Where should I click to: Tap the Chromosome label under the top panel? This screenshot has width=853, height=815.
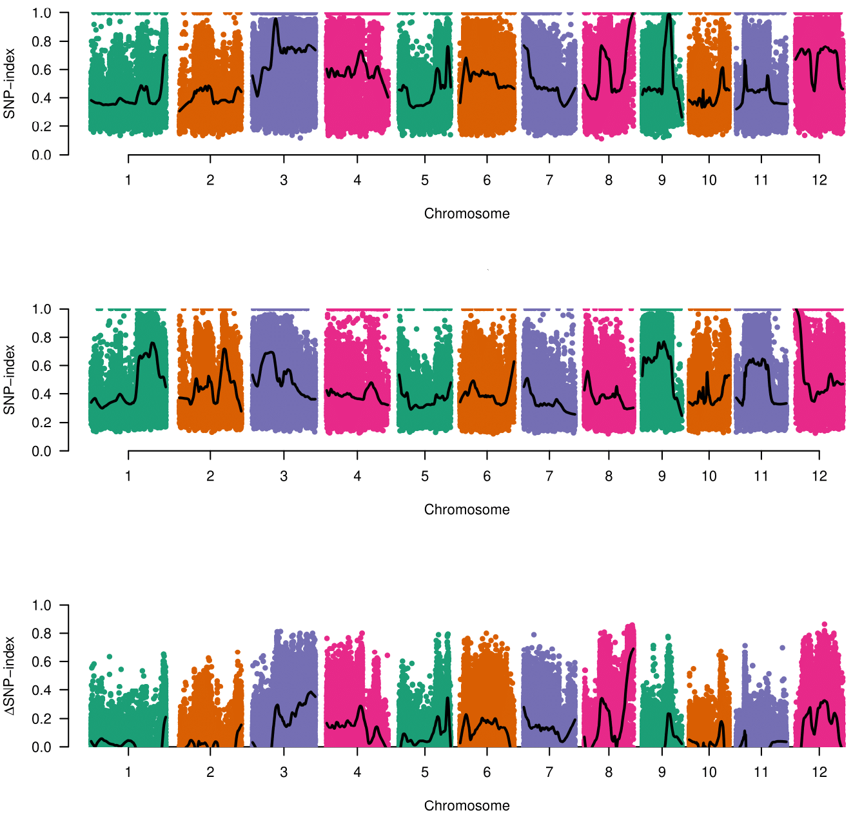pyautogui.click(x=467, y=214)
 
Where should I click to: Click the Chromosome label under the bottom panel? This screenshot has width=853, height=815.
pyautogui.click(x=467, y=805)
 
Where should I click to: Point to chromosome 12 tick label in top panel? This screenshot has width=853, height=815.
pyautogui.click(x=819, y=180)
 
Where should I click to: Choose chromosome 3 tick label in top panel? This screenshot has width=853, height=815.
pyautogui.click(x=284, y=180)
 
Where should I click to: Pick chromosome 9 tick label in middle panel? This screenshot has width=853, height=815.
pyautogui.click(x=662, y=476)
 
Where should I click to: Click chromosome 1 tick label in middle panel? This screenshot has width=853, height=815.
pyautogui.click(x=128, y=476)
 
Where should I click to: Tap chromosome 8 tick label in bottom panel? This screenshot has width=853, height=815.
pyautogui.click(x=609, y=772)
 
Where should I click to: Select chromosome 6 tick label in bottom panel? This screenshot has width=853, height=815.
pyautogui.click(x=487, y=772)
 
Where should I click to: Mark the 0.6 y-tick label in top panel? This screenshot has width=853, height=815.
pyautogui.click(x=41, y=70)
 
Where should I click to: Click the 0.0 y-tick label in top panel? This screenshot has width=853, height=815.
pyautogui.click(x=41, y=155)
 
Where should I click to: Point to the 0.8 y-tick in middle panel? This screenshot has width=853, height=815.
pyautogui.click(x=41, y=337)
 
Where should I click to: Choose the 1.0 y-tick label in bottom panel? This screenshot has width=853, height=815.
pyautogui.click(x=41, y=605)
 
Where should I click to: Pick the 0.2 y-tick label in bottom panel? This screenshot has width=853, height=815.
pyautogui.click(x=41, y=719)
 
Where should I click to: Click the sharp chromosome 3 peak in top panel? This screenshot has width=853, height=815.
pyautogui.click(x=276, y=19)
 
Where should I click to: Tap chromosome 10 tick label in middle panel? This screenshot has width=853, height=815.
pyautogui.click(x=709, y=476)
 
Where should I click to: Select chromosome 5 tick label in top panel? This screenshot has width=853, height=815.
pyautogui.click(x=425, y=180)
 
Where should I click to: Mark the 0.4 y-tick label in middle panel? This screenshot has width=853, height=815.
pyautogui.click(x=41, y=394)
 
